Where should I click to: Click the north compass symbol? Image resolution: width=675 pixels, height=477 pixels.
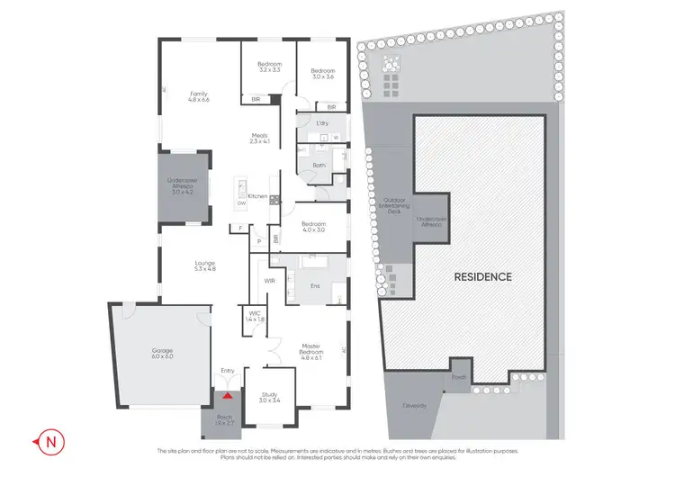tap(51, 442)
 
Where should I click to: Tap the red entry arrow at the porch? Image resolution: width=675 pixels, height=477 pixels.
tap(228, 393)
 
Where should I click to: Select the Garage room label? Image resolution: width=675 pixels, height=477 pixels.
tap(162, 353)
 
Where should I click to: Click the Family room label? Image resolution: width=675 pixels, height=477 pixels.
tap(199, 96)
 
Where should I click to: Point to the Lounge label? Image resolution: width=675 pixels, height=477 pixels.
tap(203, 265)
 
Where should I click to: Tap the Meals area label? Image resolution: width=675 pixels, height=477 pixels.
tap(260, 139)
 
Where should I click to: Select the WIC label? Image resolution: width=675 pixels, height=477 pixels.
tap(255, 316)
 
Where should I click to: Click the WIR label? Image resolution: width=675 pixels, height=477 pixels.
tap(269, 282)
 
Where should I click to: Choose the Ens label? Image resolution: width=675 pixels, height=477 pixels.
tap(315, 286)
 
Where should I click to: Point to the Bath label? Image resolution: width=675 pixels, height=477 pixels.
tap(319, 166)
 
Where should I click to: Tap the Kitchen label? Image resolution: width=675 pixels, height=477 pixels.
tap(257, 195)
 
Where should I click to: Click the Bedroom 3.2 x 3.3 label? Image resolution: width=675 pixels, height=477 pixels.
tap(270, 66)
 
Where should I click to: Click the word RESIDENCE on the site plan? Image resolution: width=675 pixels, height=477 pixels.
tap(482, 276)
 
